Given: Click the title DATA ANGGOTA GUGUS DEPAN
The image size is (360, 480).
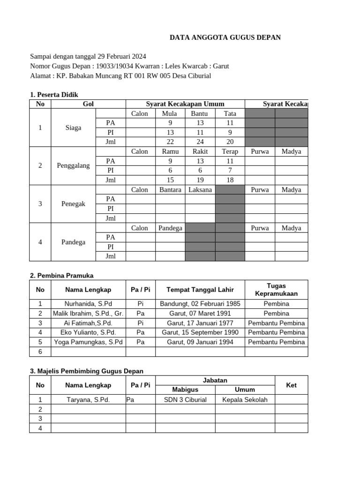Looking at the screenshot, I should coord(225,37).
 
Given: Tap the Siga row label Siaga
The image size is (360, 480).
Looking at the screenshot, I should coord(73,127).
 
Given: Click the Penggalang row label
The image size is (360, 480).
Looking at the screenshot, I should coord(73,165).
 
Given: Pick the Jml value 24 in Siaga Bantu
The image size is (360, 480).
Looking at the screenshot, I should coord(200,142).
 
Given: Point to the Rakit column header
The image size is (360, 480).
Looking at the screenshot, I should coord(200,151).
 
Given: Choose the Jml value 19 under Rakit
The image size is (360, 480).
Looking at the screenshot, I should coord(200,180).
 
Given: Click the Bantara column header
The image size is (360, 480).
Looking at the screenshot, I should coord(170,190).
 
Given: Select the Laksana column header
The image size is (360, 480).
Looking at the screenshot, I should coord(200,190).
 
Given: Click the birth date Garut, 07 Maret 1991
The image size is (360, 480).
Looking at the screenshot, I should coord(200,313).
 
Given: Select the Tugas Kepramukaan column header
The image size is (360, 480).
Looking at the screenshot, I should coord(276,290).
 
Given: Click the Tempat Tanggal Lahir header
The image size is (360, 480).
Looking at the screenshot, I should coord(200,290).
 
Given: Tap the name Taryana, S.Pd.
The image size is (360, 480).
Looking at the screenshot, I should coord(88,400).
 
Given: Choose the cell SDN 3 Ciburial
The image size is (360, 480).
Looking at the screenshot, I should coord(185,400).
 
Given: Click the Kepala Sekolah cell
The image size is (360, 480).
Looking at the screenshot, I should coord(245,400).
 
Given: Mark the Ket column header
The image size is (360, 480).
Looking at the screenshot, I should coord(291,385).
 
